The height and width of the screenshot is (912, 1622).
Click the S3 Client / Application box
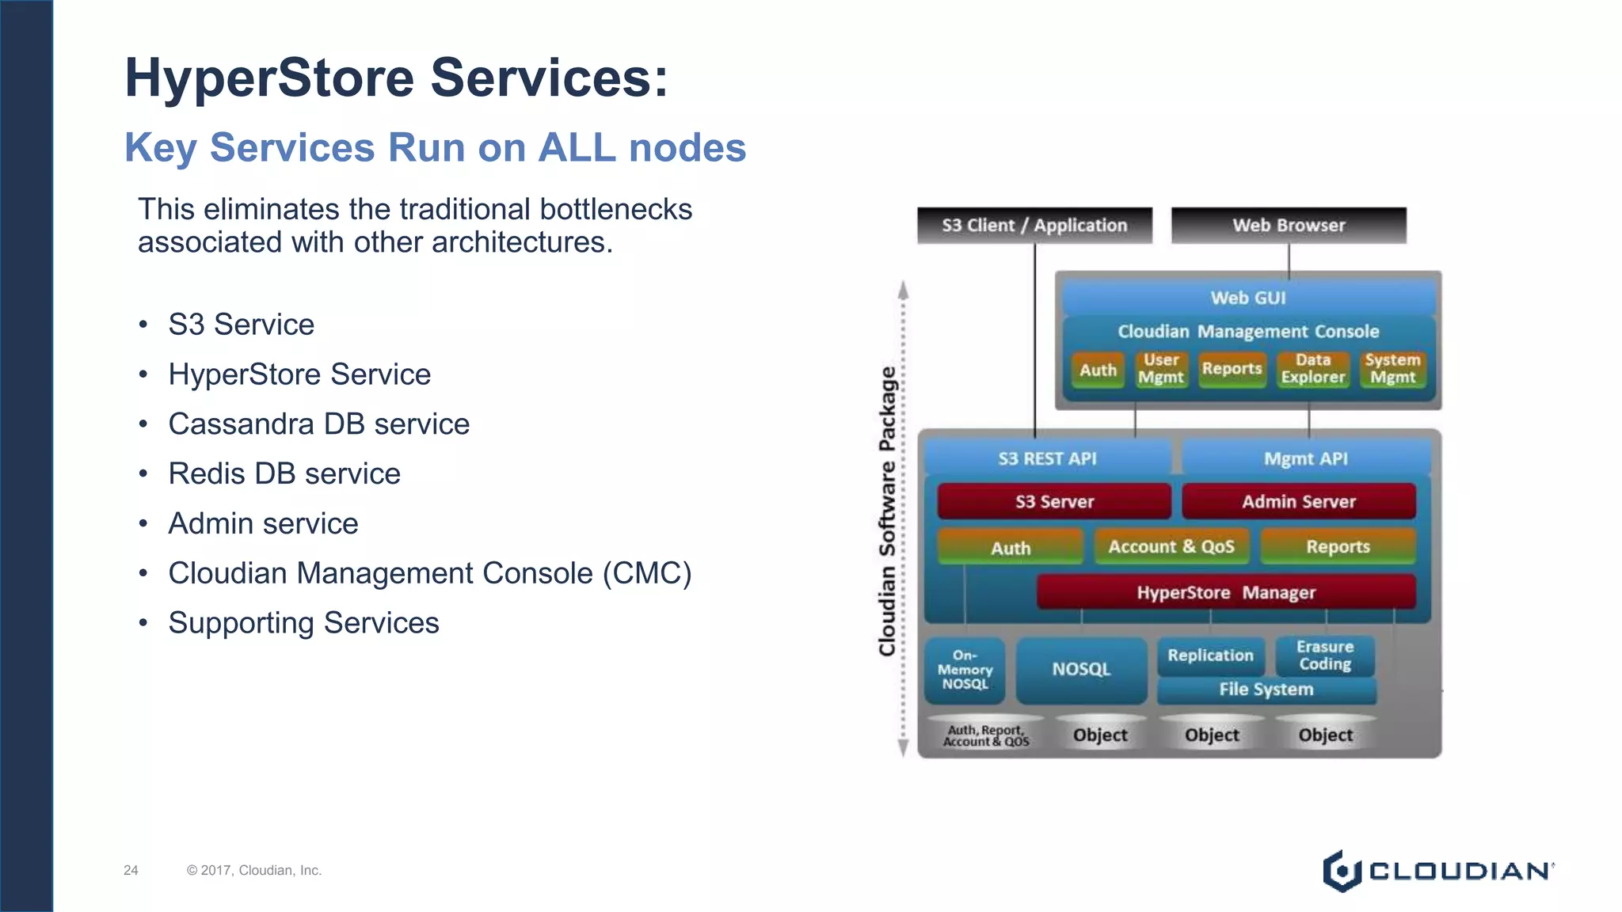(x=1034, y=226)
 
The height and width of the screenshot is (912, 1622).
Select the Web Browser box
(x=1289, y=226)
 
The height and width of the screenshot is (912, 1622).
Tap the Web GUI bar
(x=1248, y=298)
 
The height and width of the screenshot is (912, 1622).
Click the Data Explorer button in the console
(x=1313, y=369)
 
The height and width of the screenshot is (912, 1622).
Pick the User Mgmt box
(x=1161, y=369)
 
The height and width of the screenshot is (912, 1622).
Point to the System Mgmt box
(x=1392, y=369)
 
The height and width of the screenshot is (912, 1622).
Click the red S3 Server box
(x=1054, y=502)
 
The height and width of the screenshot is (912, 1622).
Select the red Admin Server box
(x=1299, y=502)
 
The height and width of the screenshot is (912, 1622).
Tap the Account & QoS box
(x=1171, y=547)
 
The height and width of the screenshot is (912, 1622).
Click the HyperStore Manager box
(x=1226, y=593)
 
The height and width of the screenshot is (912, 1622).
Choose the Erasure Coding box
(x=1325, y=655)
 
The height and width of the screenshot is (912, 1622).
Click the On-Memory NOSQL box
(x=965, y=671)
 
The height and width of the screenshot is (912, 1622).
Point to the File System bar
(x=1266, y=690)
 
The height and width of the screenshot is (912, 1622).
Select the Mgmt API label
(x=1305, y=459)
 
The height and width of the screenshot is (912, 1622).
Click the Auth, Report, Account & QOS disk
(x=986, y=735)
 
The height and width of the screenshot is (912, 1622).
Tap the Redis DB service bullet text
(x=284, y=474)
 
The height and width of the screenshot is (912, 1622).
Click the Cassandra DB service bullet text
(x=318, y=424)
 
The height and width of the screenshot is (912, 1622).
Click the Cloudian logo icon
(x=1342, y=871)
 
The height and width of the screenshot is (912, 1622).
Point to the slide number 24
(x=131, y=870)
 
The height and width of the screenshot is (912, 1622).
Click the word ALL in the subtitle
(x=577, y=148)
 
